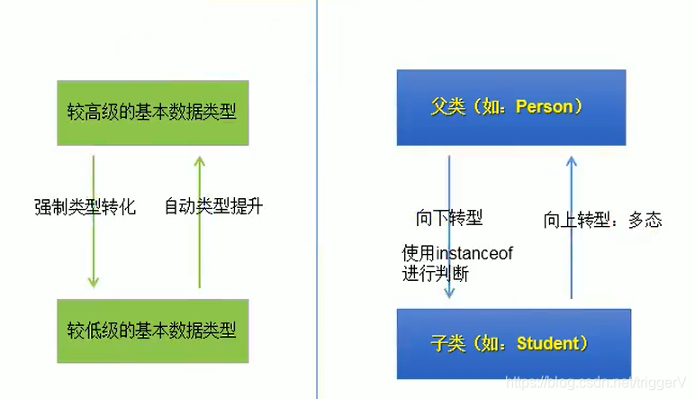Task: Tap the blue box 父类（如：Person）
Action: tap(510, 107)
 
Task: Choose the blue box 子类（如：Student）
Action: tap(513, 343)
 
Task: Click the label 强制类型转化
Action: tap(85, 206)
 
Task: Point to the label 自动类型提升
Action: tap(213, 206)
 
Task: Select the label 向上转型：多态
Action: tap(602, 220)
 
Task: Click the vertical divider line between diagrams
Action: tap(317, 199)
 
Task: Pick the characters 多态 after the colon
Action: tap(645, 220)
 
